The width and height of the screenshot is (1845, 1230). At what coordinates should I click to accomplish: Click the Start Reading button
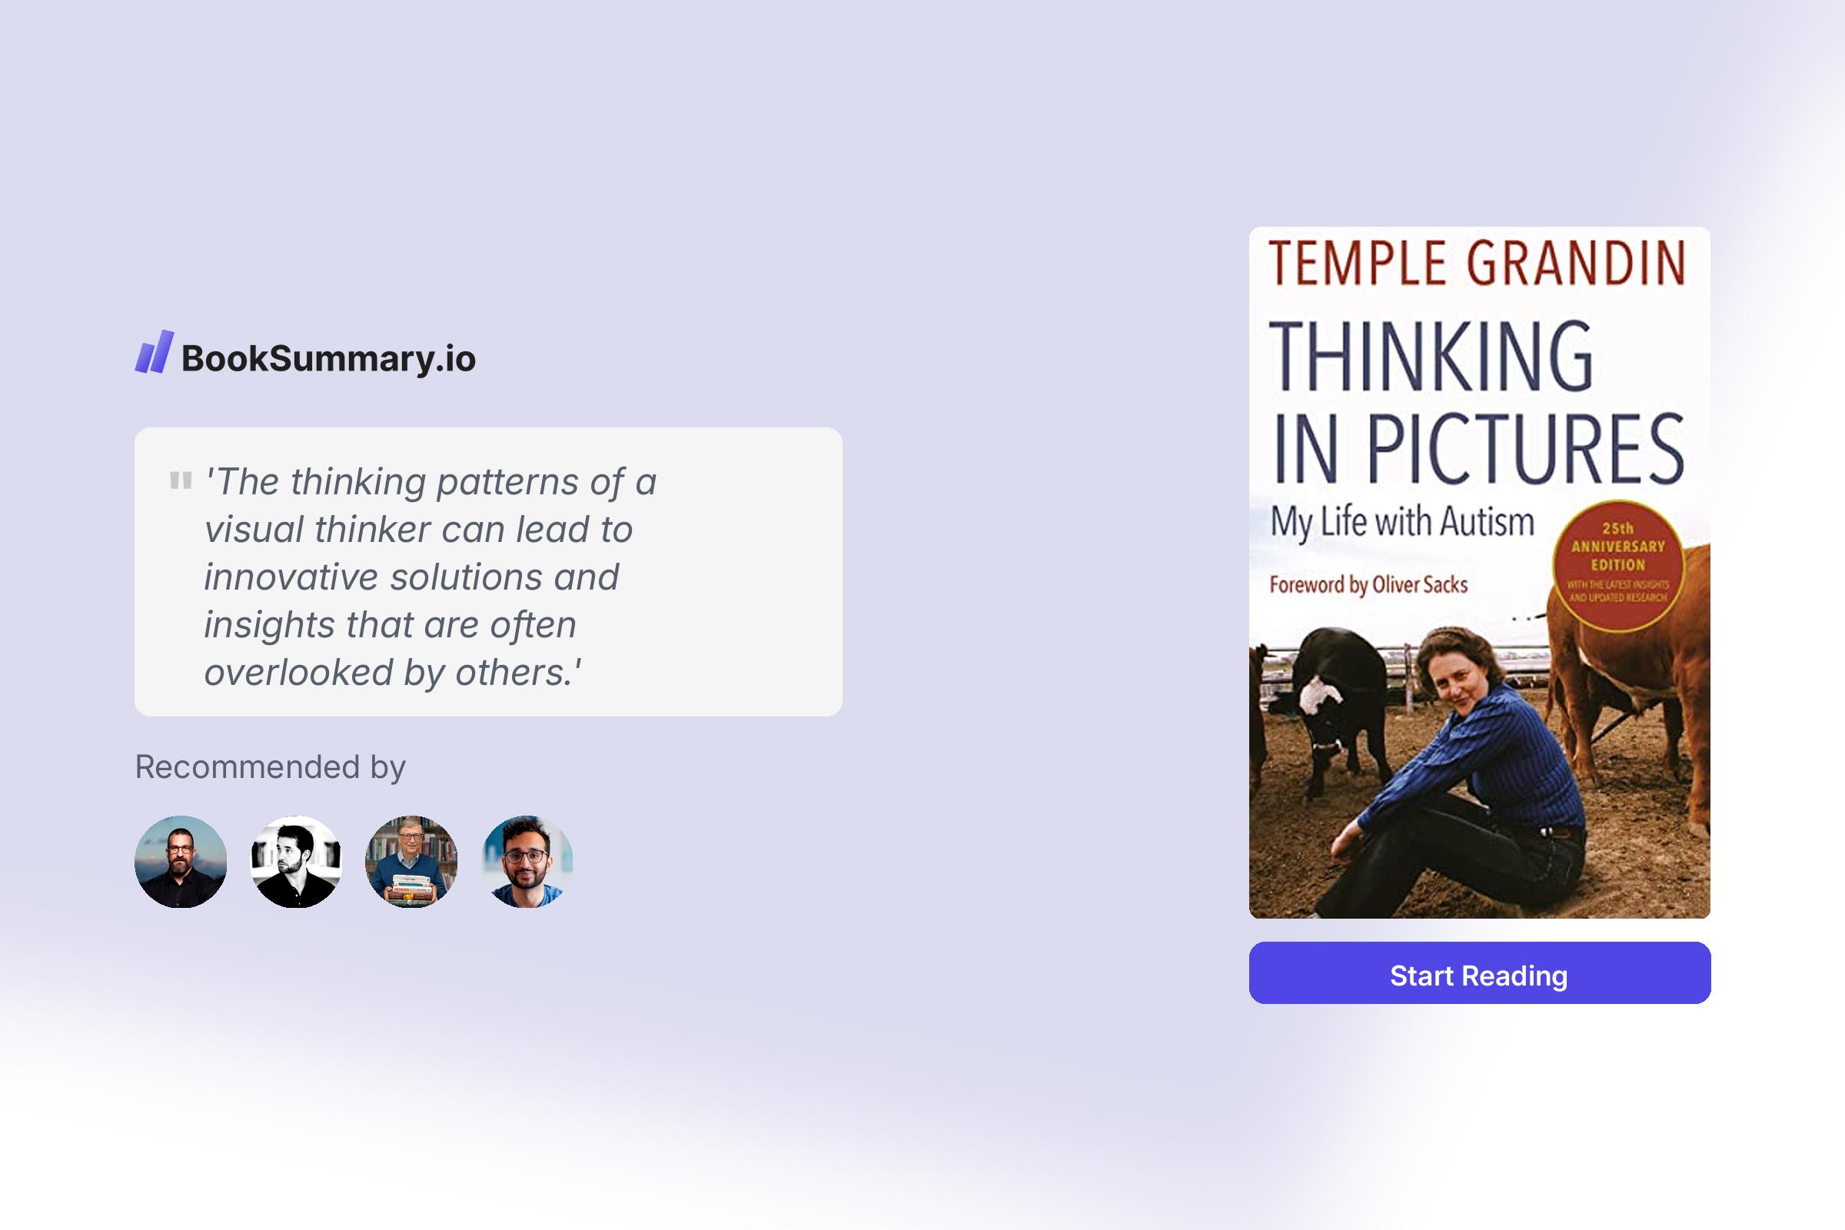pos(1479,972)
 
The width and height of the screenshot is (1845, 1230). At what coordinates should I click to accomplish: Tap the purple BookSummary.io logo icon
pos(154,351)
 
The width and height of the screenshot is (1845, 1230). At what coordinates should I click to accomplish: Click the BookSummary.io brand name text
pos(329,358)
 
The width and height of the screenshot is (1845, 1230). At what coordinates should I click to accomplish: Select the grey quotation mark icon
pos(181,480)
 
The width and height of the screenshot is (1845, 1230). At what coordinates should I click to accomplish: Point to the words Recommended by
pos(271,766)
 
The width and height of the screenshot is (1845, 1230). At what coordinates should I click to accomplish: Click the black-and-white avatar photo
pos(296,861)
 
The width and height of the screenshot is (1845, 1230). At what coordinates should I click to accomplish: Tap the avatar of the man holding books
pos(411,861)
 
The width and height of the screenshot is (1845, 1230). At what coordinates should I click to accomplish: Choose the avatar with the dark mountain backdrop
pos(181,861)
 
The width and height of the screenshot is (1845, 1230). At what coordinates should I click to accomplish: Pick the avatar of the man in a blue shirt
pos(527,861)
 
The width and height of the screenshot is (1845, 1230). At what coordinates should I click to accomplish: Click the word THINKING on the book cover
pos(1431,356)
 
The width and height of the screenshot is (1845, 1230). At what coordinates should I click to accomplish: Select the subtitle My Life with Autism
pos(1401,522)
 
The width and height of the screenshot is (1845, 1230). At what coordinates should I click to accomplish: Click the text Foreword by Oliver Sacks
pos(1368,585)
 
